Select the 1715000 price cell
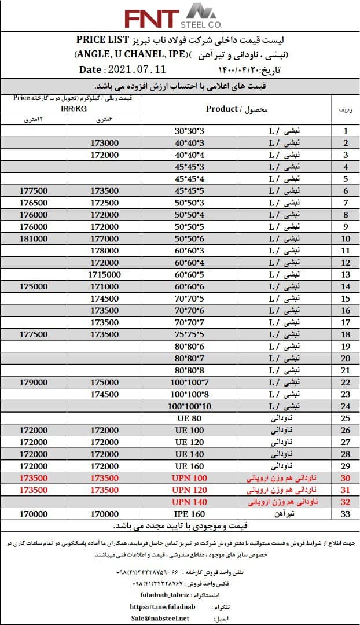click(x=105, y=274)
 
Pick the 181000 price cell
click(x=33, y=238)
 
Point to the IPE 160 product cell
click(x=189, y=513)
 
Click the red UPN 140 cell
click(x=189, y=501)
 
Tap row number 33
click(x=346, y=513)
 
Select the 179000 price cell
click(x=33, y=382)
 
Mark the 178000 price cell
click(x=105, y=251)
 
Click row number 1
click(x=346, y=131)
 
